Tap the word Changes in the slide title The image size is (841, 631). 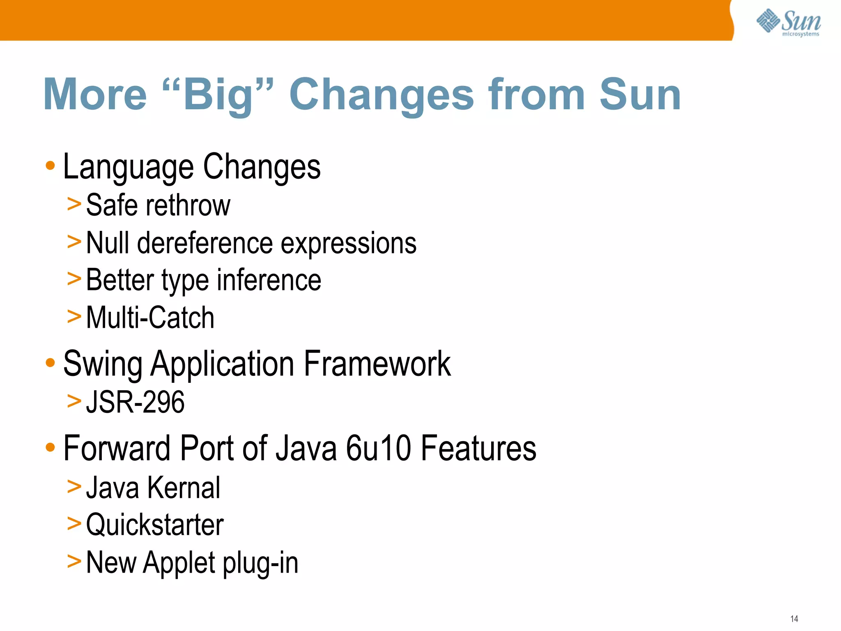pyautogui.click(x=381, y=95)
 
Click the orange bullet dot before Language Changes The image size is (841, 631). pyautogui.click(x=50, y=166)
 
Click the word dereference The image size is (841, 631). pyautogui.click(x=205, y=243)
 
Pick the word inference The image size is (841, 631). pyautogui.click(x=269, y=281)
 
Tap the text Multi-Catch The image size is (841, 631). pyautogui.click(x=150, y=318)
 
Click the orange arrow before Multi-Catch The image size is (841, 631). pyautogui.click(x=74, y=317)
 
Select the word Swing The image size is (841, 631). pyautogui.click(x=103, y=364)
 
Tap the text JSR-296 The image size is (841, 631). pyautogui.click(x=135, y=402)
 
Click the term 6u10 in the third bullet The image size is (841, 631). pyautogui.click(x=378, y=449)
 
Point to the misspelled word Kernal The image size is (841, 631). pyautogui.click(x=184, y=488)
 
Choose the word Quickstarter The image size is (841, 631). pyautogui.click(x=155, y=525)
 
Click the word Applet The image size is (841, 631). pyautogui.click(x=179, y=563)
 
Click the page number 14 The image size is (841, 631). pyautogui.click(x=794, y=619)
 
